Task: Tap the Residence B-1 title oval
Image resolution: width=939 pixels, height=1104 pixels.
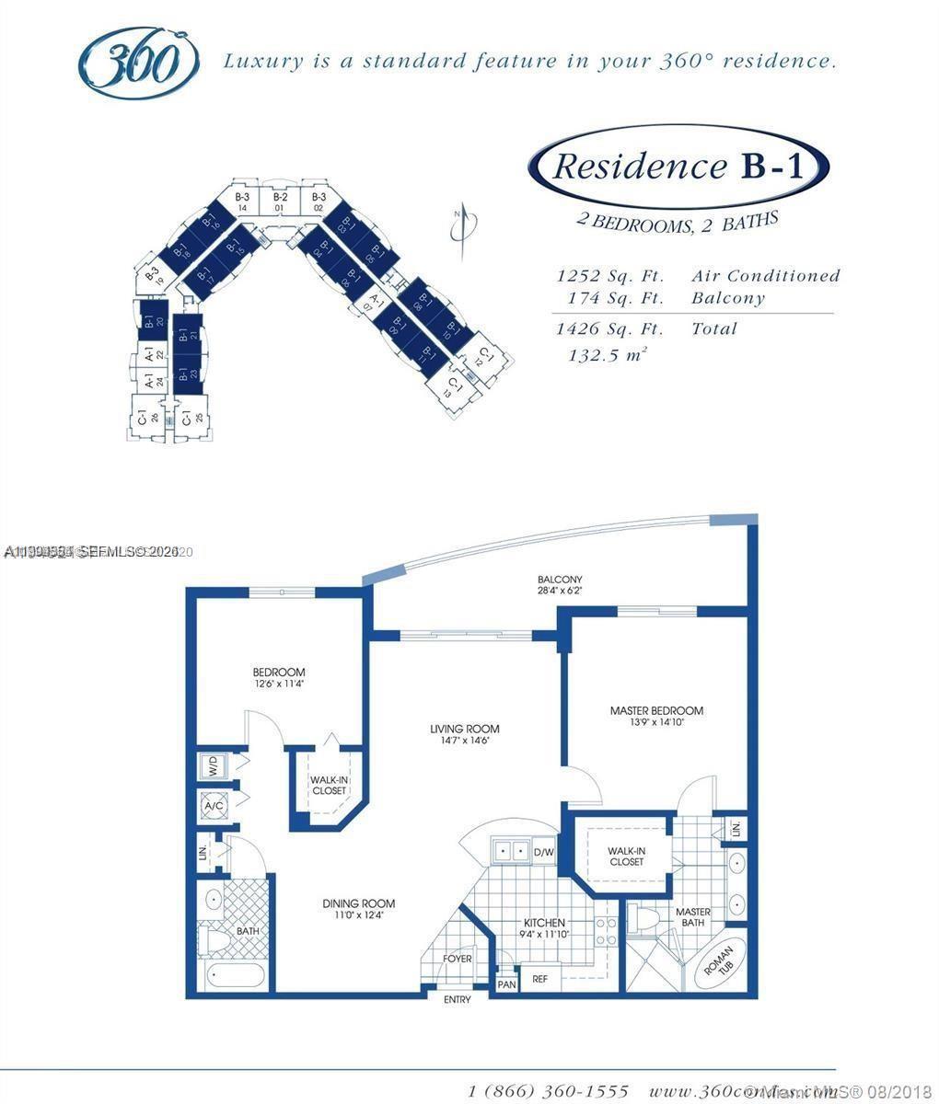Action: click(x=678, y=167)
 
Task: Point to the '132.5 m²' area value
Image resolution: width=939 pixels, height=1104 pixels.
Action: click(x=607, y=354)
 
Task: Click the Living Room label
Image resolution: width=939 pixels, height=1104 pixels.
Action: click(x=464, y=734)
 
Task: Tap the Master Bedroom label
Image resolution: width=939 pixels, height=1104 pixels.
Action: click(x=656, y=716)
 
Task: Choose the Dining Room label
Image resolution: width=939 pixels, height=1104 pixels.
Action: click(x=358, y=909)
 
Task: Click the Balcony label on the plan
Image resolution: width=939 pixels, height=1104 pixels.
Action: click(x=560, y=585)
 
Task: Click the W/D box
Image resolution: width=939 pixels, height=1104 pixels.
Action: click(x=213, y=765)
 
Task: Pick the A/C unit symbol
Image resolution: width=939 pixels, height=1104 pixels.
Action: click(x=214, y=807)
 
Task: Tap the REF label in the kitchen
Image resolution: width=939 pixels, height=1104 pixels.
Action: click(x=540, y=979)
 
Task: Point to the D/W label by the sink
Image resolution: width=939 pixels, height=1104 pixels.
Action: click(x=544, y=852)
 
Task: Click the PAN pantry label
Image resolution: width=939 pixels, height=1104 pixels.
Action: click(x=506, y=983)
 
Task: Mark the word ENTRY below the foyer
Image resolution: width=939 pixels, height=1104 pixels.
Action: click(x=457, y=999)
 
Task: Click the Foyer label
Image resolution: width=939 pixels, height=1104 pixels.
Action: click(x=457, y=959)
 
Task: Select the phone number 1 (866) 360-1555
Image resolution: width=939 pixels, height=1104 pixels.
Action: click(x=548, y=1091)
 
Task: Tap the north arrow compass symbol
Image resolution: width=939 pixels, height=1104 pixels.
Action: click(x=464, y=225)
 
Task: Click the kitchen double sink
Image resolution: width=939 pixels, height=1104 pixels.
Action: click(x=509, y=851)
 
